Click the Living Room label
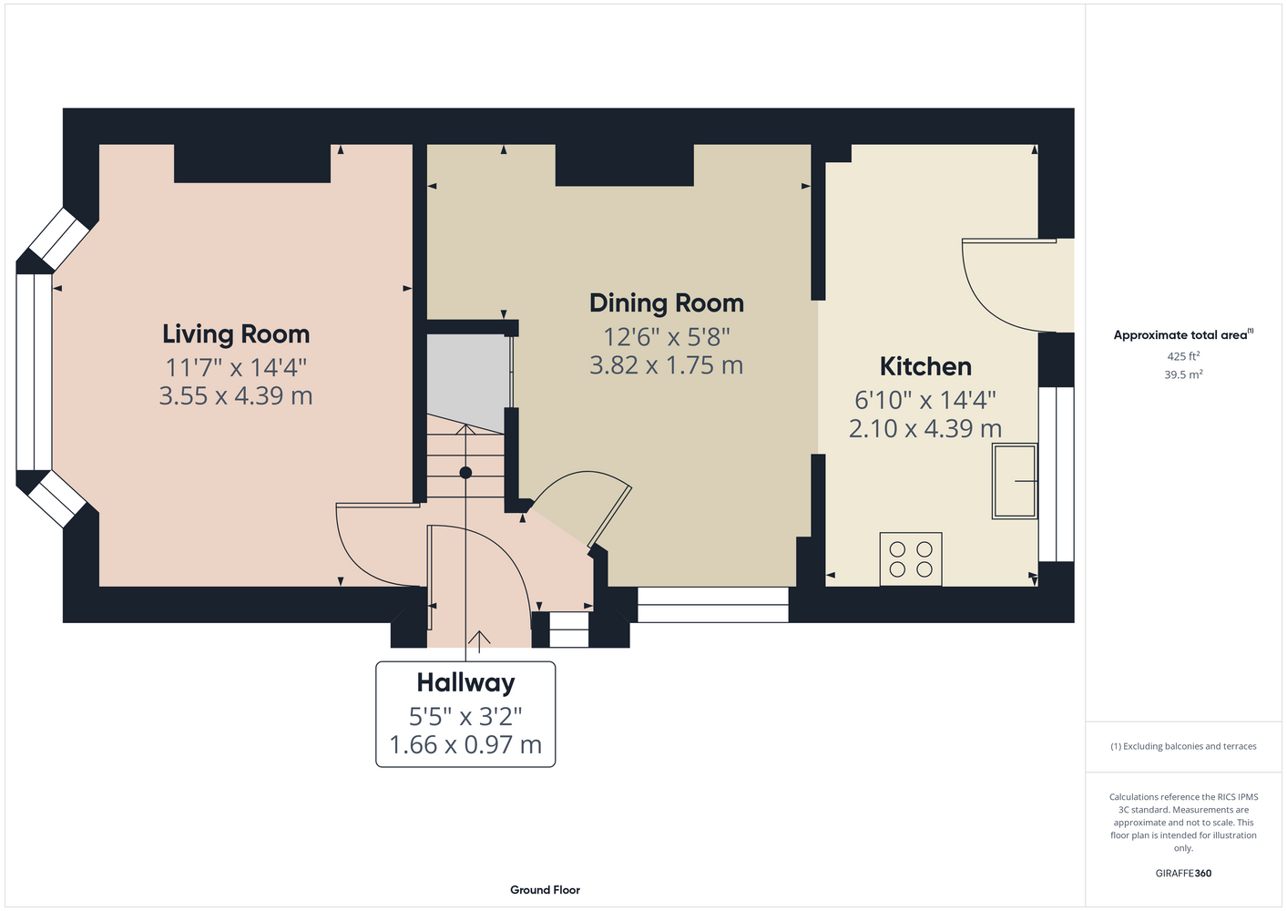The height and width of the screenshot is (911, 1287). point(236,334)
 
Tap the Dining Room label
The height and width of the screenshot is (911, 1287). point(667,302)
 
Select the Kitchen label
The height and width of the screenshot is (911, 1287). point(925,367)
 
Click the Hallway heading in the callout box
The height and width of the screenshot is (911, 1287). point(465,683)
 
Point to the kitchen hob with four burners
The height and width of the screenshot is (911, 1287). point(911,559)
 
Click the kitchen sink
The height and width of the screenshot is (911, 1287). point(1015,481)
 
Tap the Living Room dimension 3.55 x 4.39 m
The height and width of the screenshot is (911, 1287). point(236,396)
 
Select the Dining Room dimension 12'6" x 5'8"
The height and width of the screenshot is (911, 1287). point(667,337)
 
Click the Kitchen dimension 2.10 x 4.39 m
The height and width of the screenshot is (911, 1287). point(925,429)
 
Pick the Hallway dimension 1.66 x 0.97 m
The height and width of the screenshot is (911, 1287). point(465,745)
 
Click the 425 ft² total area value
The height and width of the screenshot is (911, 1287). point(1183,356)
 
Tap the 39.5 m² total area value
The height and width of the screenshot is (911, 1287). point(1183,374)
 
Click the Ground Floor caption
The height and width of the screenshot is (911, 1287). point(545,890)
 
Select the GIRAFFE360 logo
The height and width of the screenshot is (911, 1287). point(1183,873)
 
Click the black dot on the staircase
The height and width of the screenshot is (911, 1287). point(465,473)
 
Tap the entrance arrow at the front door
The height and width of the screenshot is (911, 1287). point(478,641)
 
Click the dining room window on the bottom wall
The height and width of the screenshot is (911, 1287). point(712,605)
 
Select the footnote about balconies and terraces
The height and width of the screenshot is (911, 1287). point(1183,746)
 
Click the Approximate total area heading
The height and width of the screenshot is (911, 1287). point(1183,334)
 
